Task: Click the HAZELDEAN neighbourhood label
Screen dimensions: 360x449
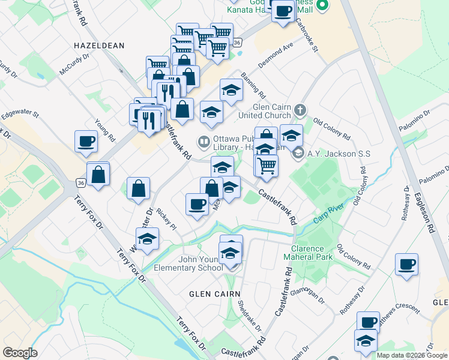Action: [99, 45]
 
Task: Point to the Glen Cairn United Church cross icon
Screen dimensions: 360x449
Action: [300, 110]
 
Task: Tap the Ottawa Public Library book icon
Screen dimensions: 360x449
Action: [203, 142]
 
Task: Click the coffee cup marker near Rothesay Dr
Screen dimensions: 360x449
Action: [407, 265]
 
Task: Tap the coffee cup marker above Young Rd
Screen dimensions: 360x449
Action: [86, 142]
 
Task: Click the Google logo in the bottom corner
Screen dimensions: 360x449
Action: [20, 353]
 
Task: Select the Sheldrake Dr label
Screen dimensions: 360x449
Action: [249, 316]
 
